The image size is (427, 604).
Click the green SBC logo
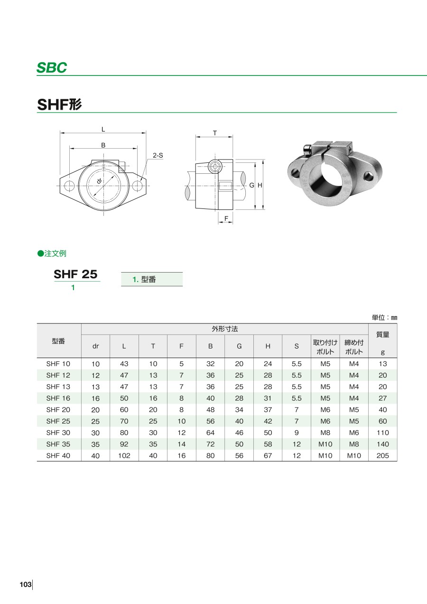(52, 67)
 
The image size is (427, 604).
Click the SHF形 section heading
(59, 104)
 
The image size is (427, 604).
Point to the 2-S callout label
(158, 155)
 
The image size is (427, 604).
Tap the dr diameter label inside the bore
(100, 181)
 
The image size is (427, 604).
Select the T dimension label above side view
(215, 133)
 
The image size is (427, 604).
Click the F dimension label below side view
(226, 218)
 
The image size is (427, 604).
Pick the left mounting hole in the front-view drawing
(69, 186)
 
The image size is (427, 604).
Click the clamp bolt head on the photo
(306, 149)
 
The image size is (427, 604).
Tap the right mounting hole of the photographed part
(368, 177)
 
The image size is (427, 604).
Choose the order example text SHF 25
(75, 274)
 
